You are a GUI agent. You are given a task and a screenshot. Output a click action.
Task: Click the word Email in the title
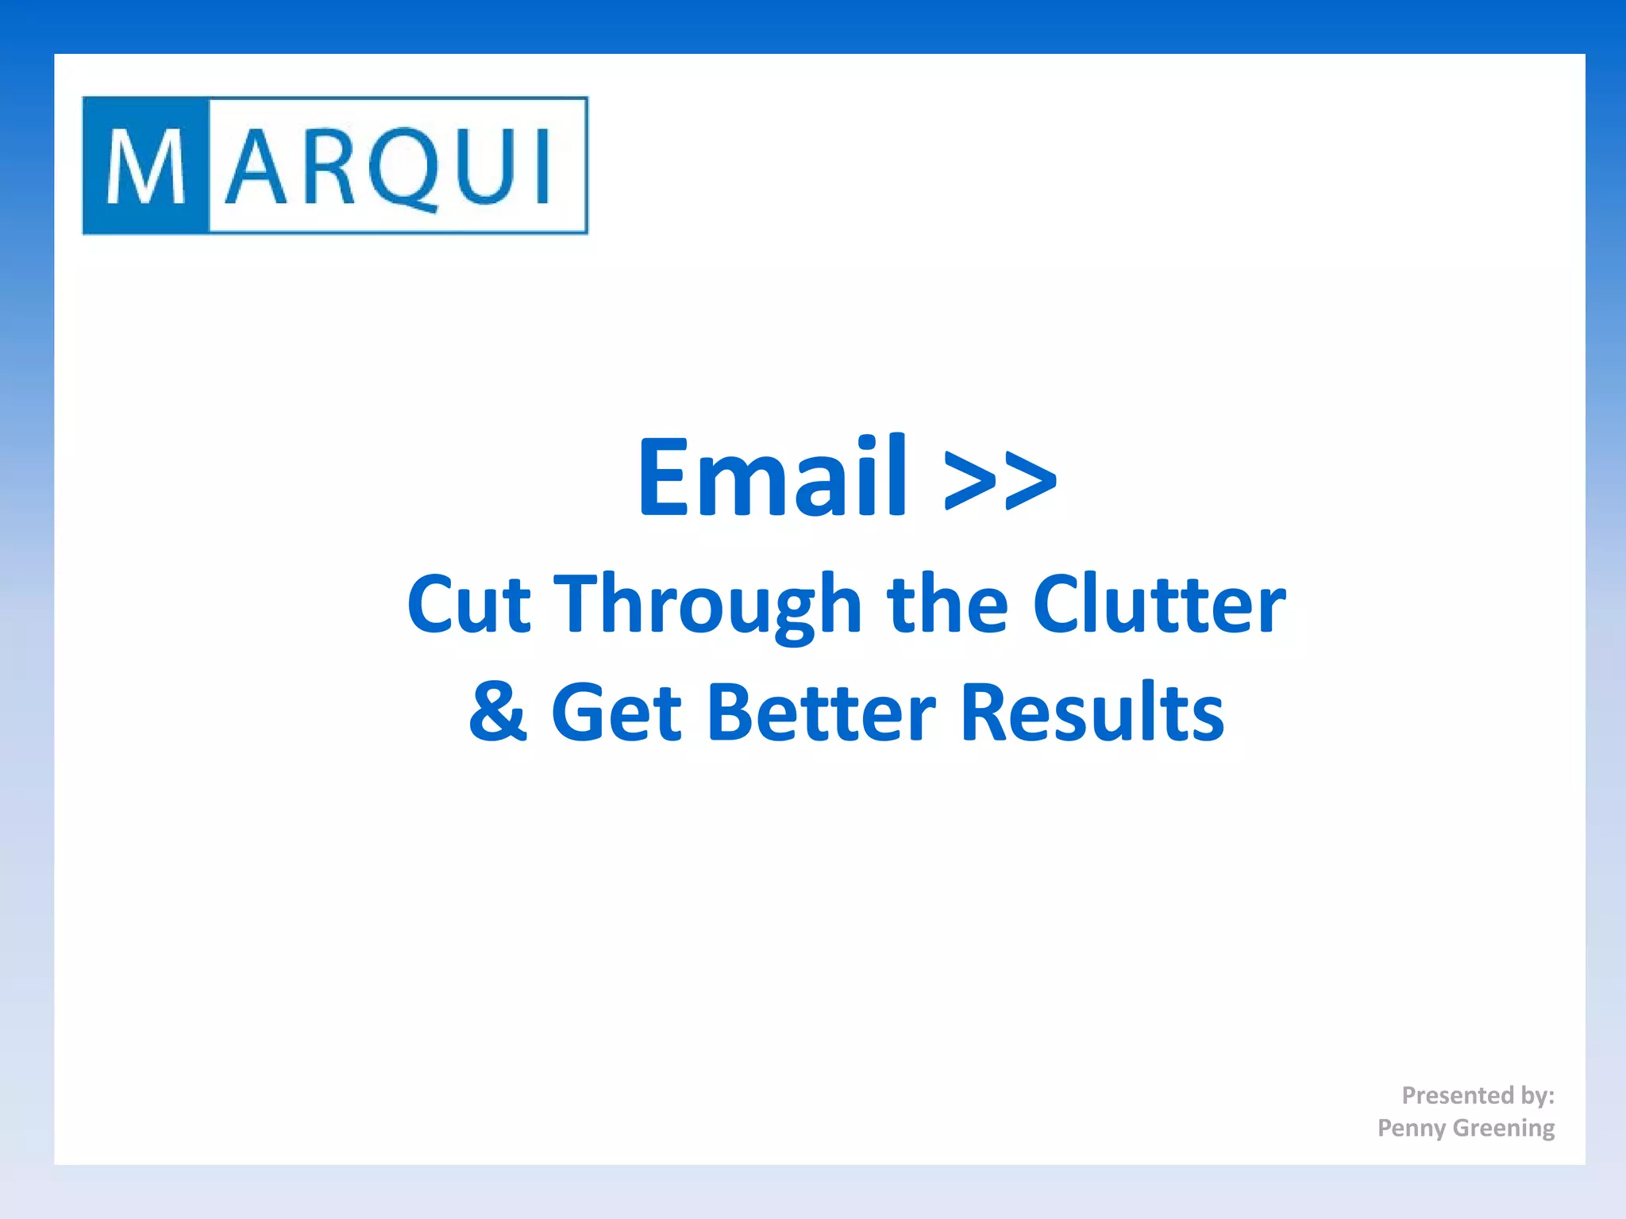pyautogui.click(x=772, y=477)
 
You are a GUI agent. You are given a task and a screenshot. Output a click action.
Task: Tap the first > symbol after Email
pyautogui.click(x=970, y=480)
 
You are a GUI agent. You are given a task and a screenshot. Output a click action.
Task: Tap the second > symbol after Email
pyautogui.click(x=1030, y=480)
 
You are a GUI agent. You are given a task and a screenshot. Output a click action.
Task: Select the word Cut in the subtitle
pyautogui.click(x=468, y=605)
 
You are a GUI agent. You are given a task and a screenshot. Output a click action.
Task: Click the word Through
pyautogui.click(x=707, y=605)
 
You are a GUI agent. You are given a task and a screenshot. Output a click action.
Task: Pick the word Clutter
pyautogui.click(x=1159, y=605)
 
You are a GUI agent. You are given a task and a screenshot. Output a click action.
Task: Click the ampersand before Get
pyautogui.click(x=498, y=712)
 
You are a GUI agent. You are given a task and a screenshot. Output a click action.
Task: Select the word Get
pyautogui.click(x=616, y=712)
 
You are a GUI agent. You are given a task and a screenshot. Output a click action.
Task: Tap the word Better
pyautogui.click(x=821, y=712)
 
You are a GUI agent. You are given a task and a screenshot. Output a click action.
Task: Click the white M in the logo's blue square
pyautogui.click(x=146, y=167)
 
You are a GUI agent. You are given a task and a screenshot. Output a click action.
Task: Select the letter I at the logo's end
pyautogui.click(x=543, y=167)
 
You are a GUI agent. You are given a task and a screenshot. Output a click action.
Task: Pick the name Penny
pyautogui.click(x=1412, y=1128)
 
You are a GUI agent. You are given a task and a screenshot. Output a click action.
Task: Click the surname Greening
pyautogui.click(x=1504, y=1128)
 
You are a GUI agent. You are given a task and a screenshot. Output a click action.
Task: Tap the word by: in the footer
pyautogui.click(x=1537, y=1095)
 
